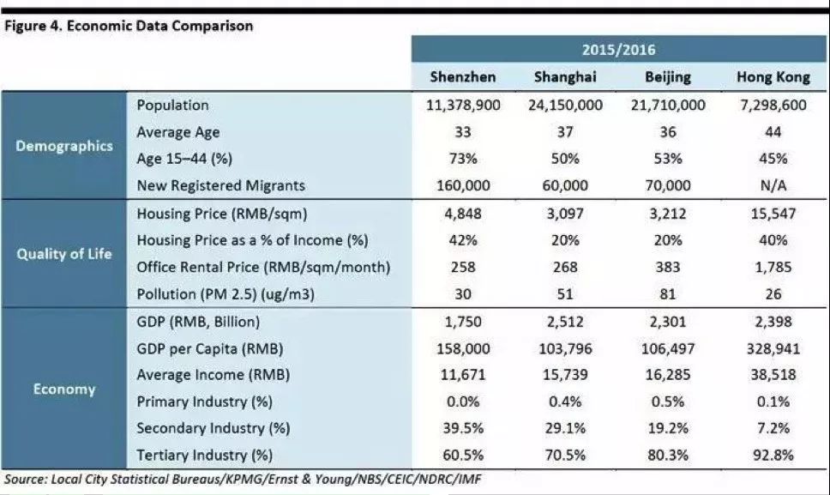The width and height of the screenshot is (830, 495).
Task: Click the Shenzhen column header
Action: point(462,77)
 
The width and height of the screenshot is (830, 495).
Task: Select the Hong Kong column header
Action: point(773,77)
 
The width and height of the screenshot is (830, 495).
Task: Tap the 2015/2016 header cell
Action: point(619,50)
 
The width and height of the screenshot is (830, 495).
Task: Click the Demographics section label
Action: point(64,145)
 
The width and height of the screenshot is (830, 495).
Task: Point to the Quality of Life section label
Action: point(64,254)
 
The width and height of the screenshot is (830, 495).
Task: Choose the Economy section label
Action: point(64,389)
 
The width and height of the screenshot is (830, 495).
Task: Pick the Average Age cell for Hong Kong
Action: point(773,132)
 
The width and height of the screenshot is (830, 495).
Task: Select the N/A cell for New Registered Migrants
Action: point(773,185)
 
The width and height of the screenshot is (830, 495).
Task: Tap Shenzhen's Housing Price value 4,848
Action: point(462,214)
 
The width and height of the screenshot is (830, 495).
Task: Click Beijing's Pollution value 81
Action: point(668,294)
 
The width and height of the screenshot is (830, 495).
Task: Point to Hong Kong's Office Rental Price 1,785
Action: point(773,267)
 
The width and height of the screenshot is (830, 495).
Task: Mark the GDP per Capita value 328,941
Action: point(773,348)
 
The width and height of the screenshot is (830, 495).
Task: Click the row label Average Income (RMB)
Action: point(213,375)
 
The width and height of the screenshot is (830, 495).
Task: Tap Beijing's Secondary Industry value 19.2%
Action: point(668,428)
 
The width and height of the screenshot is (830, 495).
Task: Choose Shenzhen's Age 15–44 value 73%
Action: point(462,159)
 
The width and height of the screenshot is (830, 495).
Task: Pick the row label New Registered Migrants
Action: point(220,185)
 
